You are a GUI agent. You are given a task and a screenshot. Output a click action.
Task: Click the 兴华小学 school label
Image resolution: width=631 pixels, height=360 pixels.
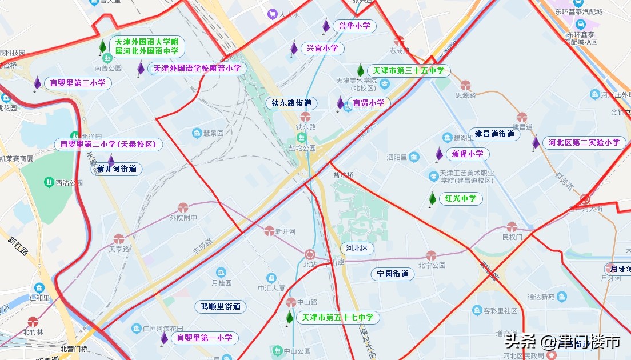click(x=354, y=26)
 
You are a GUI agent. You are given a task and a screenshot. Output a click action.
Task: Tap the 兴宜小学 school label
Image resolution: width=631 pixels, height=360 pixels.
click(x=322, y=49)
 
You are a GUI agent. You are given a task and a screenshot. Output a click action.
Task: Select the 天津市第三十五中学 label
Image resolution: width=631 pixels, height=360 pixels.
click(x=408, y=71)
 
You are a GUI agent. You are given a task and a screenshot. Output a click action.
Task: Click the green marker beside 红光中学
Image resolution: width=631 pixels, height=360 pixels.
click(x=433, y=199)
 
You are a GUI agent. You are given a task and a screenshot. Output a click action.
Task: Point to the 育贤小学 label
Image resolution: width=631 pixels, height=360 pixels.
click(x=369, y=103)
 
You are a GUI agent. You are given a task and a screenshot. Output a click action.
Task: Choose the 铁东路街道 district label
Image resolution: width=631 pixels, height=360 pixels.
click(x=291, y=103)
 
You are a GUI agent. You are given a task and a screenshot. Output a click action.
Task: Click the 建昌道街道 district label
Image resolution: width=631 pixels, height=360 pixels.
click(x=494, y=134)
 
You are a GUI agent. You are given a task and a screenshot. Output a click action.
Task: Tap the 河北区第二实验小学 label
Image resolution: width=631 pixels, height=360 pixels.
click(x=584, y=143)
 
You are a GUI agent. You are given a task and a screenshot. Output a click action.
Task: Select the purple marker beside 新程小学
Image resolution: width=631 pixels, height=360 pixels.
click(x=439, y=154)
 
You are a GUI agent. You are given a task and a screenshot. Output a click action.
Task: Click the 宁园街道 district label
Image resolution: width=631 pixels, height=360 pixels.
click(x=393, y=274)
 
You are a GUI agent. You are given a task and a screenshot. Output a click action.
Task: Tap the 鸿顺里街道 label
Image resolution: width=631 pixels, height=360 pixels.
click(x=221, y=307)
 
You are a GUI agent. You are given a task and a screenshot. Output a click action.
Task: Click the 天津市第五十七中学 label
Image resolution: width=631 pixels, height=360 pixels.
click(x=337, y=318)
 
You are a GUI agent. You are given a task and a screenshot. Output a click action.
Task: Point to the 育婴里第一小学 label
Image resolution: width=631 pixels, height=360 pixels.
click(x=205, y=338)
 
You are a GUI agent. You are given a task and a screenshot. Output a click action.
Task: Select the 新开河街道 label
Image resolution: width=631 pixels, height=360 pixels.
click(x=117, y=169)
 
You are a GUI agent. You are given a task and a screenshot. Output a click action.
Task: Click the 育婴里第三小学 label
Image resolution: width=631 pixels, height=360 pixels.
click(x=78, y=83)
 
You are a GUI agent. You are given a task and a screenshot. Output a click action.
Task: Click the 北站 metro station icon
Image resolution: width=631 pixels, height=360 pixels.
click(x=310, y=254)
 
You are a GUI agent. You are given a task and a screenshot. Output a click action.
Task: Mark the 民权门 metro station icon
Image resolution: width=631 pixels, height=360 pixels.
click(x=512, y=227)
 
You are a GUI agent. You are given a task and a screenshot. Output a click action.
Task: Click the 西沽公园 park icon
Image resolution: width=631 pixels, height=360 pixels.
click(x=49, y=183)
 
